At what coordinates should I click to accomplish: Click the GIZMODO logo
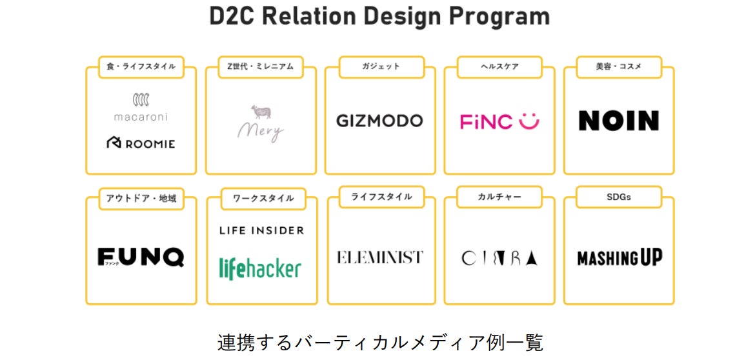(x=379, y=121)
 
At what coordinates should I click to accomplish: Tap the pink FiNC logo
(x=499, y=121)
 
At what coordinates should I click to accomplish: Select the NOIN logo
(x=618, y=121)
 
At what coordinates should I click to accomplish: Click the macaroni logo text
(x=141, y=117)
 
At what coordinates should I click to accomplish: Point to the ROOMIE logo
(x=141, y=143)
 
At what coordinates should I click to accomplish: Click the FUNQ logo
(x=141, y=257)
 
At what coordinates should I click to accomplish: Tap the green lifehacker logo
(x=260, y=267)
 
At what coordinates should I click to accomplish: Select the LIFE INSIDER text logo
(x=261, y=230)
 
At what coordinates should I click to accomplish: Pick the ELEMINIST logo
(x=379, y=257)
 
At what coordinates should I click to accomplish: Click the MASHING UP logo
(x=619, y=258)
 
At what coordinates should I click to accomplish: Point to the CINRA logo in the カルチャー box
(x=499, y=258)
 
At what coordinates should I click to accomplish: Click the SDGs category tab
(x=619, y=197)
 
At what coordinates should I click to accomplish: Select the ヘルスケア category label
(x=499, y=66)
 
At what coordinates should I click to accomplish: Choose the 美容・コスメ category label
(x=619, y=66)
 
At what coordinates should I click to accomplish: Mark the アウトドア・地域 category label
(x=141, y=198)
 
